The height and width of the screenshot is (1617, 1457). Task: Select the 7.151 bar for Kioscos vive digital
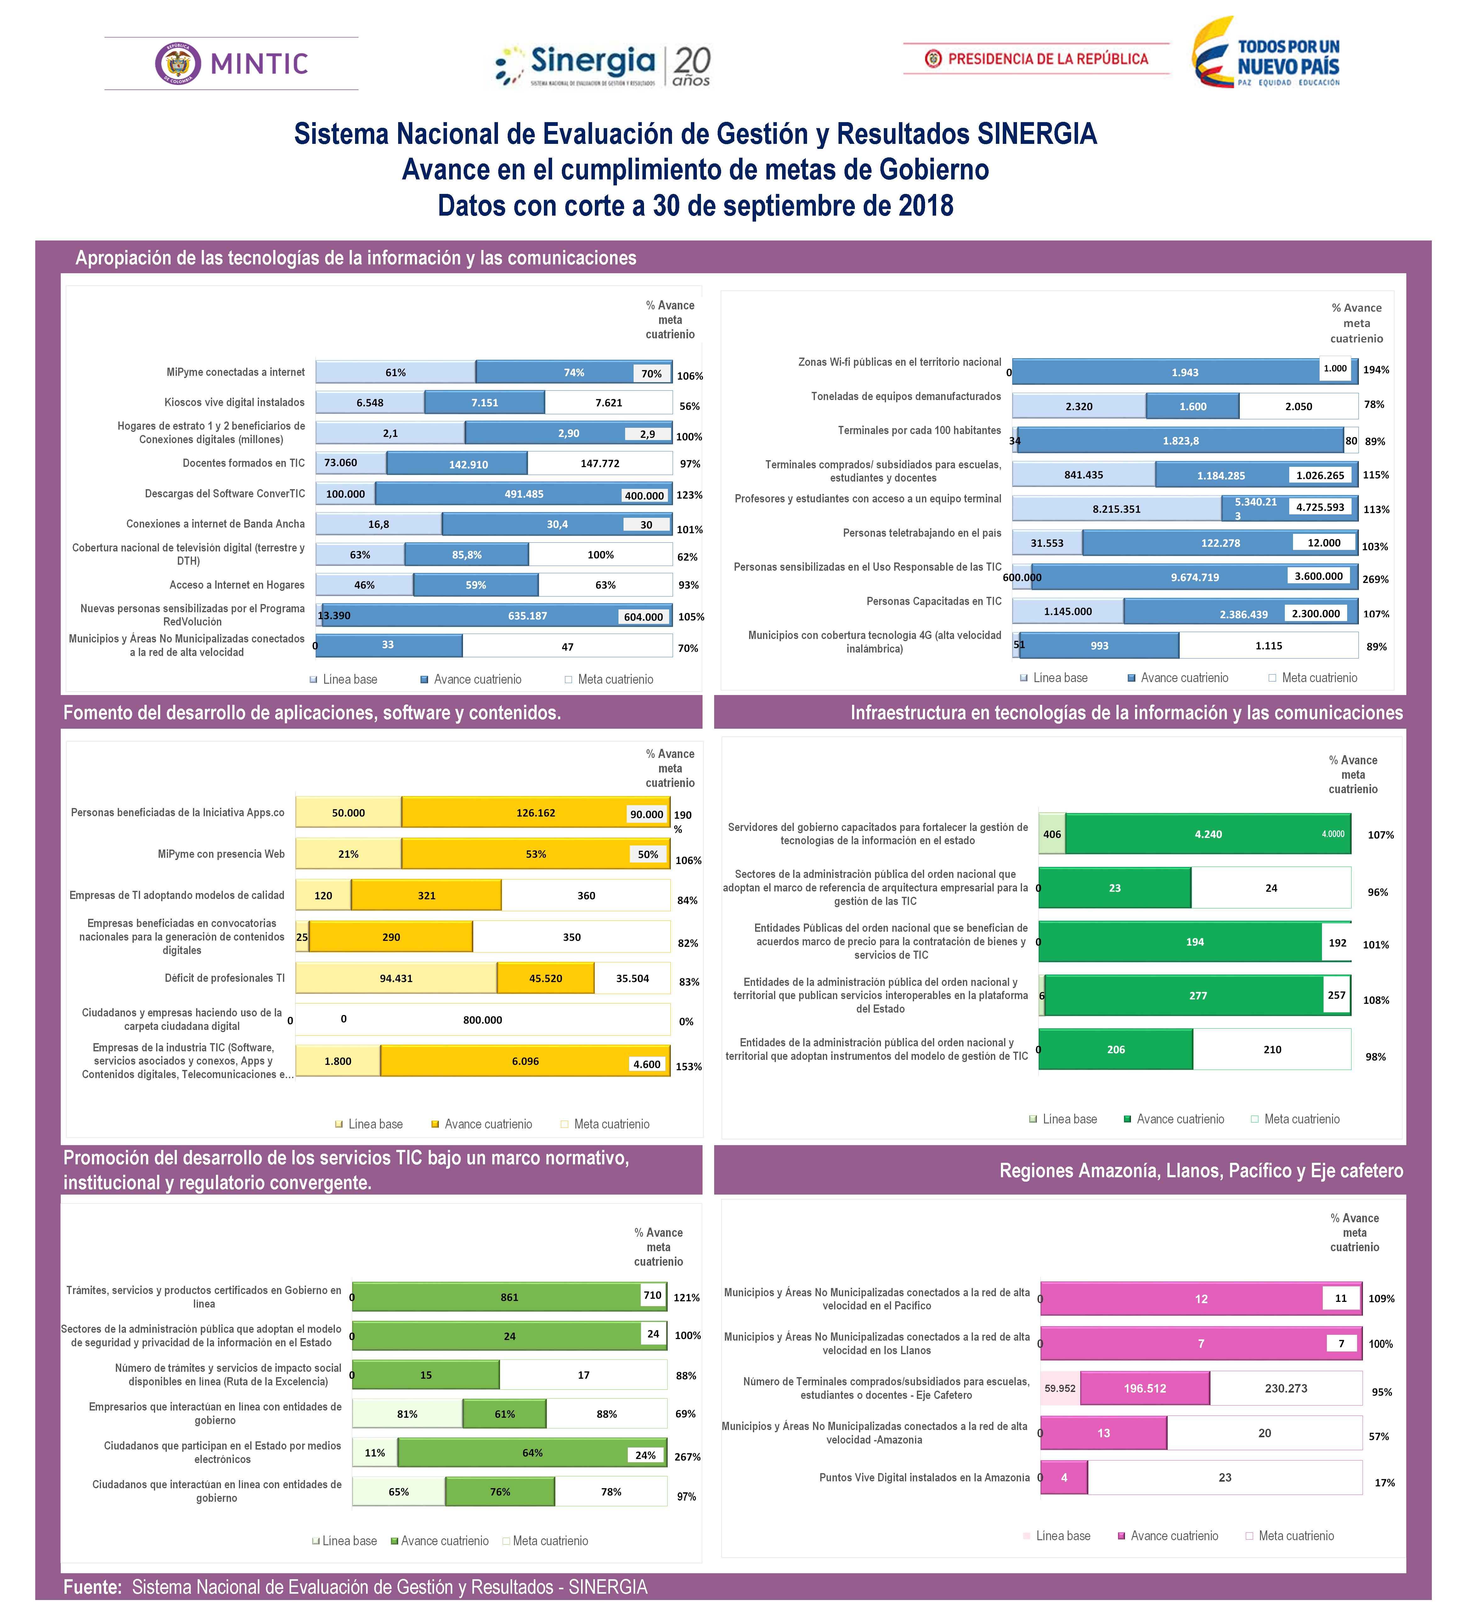(484, 403)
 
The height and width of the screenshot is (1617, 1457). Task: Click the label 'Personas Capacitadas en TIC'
(934, 601)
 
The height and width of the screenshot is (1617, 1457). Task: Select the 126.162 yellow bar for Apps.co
(536, 812)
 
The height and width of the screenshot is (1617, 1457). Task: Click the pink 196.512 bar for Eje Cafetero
(1145, 1388)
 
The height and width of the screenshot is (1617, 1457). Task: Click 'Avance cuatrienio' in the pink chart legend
(1174, 1535)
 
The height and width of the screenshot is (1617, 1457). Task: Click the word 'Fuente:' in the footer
(92, 1586)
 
